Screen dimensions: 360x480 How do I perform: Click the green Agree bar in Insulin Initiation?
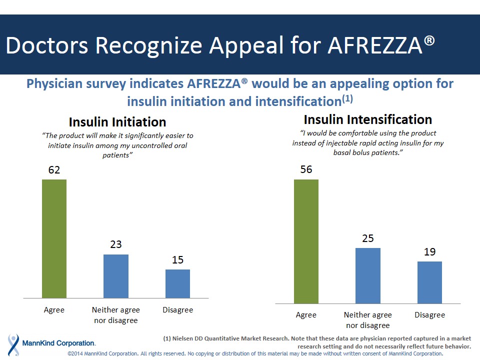(54, 238)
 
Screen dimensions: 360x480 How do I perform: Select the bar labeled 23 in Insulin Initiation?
(116, 276)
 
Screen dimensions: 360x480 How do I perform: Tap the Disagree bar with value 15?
(177, 283)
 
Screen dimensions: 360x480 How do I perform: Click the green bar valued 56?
(306, 241)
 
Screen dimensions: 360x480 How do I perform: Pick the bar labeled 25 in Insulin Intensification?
(368, 275)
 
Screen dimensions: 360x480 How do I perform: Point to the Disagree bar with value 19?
(429, 282)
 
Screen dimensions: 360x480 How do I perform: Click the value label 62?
(54, 170)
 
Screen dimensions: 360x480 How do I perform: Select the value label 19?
(429, 252)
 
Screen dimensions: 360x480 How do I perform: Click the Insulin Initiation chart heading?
(117, 122)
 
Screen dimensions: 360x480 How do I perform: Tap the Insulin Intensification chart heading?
(367, 119)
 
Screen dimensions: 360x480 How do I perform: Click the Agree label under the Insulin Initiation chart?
(54, 310)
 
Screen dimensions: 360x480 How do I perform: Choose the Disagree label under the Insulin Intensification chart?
(429, 315)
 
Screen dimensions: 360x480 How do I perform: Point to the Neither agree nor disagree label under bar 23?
(116, 315)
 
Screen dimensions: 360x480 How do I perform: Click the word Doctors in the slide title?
(47, 45)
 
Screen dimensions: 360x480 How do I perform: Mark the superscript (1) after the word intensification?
(347, 99)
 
